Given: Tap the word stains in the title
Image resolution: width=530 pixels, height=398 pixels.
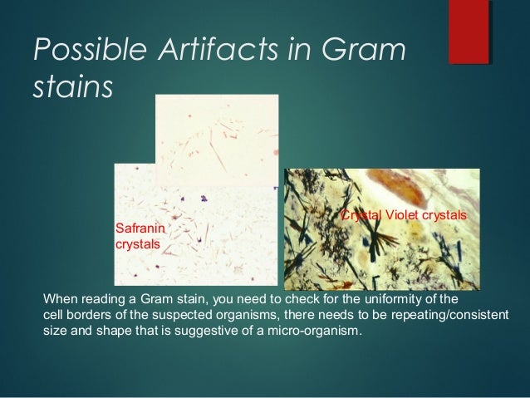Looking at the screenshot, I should [x=71, y=87].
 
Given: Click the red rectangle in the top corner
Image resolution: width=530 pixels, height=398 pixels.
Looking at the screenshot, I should [x=469, y=33].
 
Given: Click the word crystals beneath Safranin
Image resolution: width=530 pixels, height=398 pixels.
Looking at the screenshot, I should [x=137, y=243].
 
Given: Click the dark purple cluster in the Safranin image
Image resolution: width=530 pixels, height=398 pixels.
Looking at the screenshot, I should [x=202, y=199].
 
